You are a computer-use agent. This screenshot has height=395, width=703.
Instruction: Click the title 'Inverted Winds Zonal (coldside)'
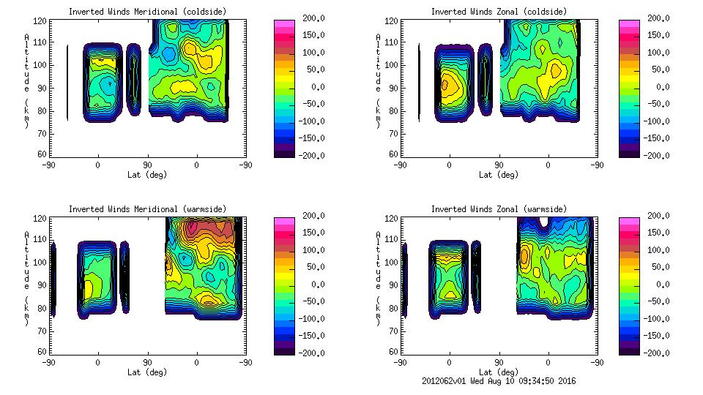[x=499, y=12]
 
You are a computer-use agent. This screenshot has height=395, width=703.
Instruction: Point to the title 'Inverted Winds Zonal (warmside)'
[x=499, y=209]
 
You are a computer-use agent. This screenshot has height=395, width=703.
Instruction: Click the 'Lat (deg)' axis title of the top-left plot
[x=146, y=175]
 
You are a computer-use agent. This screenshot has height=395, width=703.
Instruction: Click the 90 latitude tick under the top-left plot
[x=147, y=165]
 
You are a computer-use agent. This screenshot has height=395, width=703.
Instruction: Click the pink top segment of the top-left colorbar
[x=284, y=25]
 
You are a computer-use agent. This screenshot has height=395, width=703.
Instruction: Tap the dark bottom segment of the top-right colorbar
[x=630, y=152]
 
